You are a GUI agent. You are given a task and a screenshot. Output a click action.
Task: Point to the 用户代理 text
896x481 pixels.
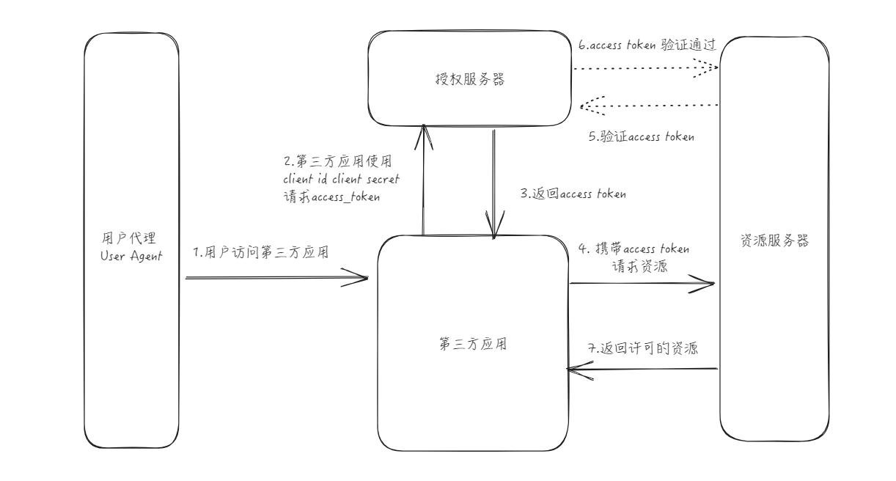pyautogui.click(x=130, y=238)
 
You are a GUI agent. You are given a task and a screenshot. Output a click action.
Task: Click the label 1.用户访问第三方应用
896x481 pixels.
pyautogui.click(x=260, y=252)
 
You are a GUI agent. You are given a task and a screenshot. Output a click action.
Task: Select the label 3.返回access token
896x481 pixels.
pyautogui.click(x=573, y=194)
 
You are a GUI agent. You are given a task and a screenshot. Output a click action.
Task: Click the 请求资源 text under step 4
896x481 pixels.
pyautogui.click(x=639, y=266)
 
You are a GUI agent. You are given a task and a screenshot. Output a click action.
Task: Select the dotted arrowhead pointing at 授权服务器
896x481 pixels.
pyautogui.click(x=584, y=107)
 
